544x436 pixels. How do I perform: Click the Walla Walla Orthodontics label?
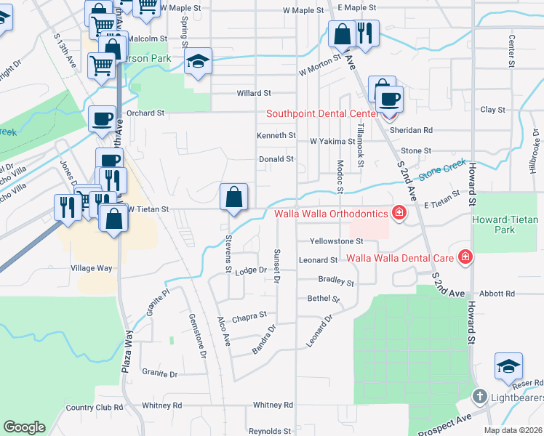(331, 214)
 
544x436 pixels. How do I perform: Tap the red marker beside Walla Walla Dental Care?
(465, 257)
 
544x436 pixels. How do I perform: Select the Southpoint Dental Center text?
(322, 113)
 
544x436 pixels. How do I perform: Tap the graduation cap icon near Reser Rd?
(508, 366)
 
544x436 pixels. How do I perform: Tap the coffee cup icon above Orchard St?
(102, 118)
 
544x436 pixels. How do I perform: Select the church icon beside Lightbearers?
(479, 397)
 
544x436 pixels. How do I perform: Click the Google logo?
(24, 427)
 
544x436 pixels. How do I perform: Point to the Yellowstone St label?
(336, 241)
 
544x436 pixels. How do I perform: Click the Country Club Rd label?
(95, 408)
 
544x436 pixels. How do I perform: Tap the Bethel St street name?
(324, 299)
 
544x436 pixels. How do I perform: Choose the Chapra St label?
(249, 317)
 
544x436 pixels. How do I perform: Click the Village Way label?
(91, 268)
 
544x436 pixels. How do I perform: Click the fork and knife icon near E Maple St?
(366, 33)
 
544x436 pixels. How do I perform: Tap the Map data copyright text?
(513, 430)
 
